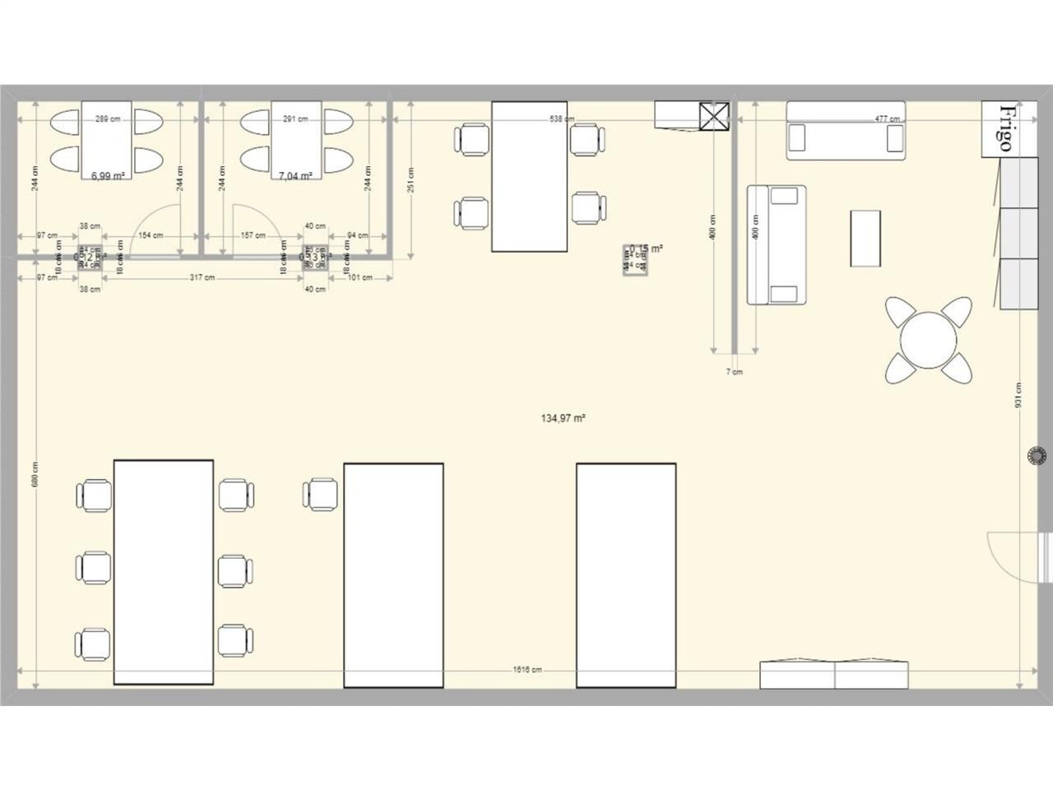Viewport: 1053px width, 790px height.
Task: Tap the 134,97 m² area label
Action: (563, 418)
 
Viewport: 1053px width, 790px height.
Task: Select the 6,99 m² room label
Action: (108, 175)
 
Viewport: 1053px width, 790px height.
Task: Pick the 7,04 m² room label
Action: (295, 175)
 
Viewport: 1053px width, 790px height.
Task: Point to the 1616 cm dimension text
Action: (527, 670)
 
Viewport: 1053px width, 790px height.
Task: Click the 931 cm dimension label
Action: (1018, 396)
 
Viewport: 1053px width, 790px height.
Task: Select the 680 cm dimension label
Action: (35, 473)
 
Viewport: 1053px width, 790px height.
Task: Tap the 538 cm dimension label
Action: (562, 119)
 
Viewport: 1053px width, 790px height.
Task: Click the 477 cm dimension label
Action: (887, 119)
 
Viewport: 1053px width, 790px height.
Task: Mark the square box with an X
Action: (713, 116)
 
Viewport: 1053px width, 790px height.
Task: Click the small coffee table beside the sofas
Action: (865, 238)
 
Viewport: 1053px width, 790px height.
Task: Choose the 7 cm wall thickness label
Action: (734, 372)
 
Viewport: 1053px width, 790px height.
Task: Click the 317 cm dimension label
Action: (202, 277)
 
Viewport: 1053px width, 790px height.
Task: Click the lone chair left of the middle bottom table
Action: (321, 495)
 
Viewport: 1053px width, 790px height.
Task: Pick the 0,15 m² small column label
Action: (647, 249)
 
